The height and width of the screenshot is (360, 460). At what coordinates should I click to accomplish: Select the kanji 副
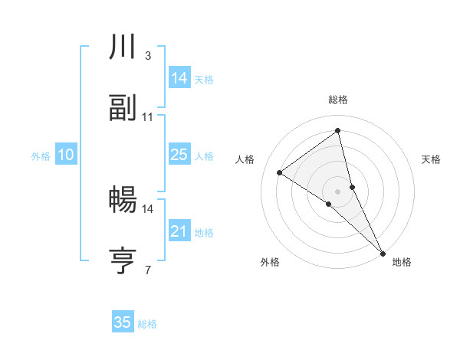[123, 109]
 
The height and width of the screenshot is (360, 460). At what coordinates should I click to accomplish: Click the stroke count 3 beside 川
[147, 56]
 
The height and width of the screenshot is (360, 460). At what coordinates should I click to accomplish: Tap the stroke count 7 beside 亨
[147, 269]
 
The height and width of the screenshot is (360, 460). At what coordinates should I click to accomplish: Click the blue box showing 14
[179, 77]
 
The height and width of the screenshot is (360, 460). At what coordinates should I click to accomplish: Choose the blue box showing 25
[179, 155]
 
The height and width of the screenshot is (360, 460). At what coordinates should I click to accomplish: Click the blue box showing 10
[65, 155]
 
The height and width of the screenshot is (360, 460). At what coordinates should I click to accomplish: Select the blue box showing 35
[123, 322]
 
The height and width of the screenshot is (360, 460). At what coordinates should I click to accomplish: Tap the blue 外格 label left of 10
[41, 156]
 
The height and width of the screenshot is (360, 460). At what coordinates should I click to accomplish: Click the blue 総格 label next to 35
[147, 324]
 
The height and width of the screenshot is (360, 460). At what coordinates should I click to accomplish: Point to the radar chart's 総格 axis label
[338, 100]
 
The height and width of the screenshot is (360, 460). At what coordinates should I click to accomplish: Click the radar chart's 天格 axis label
[431, 159]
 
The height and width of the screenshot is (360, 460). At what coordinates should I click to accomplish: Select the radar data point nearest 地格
[382, 251]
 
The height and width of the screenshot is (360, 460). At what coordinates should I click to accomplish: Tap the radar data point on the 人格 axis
[280, 172]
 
